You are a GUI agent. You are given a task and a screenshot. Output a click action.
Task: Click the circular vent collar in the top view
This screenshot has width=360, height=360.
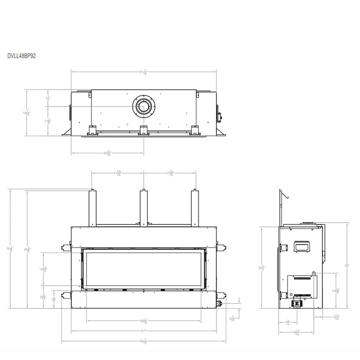[x=143, y=106]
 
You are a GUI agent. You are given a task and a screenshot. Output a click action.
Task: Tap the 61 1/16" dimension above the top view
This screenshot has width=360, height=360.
[x=144, y=71]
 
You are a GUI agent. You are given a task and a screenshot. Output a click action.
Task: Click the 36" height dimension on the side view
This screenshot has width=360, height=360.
[x=347, y=265]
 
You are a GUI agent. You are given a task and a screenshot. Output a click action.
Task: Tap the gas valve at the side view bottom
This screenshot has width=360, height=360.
[x=297, y=303]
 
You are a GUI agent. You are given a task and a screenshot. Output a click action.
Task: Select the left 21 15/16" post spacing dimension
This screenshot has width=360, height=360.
[x=118, y=173]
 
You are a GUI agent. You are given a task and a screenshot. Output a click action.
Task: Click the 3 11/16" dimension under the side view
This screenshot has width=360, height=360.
[x=337, y=317]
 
